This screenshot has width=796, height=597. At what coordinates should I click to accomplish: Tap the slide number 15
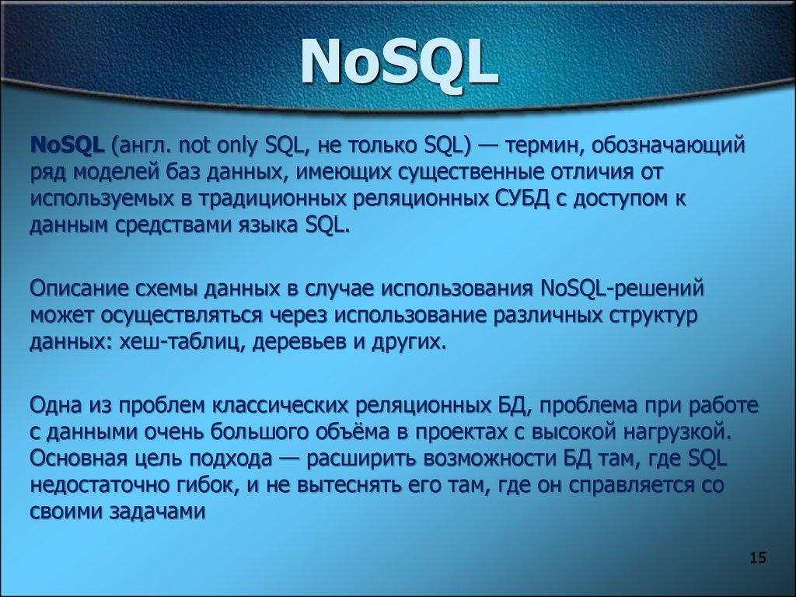tap(758, 557)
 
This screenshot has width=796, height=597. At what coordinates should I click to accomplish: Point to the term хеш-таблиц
tap(175, 342)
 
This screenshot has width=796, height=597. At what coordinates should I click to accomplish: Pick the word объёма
tap(332, 433)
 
